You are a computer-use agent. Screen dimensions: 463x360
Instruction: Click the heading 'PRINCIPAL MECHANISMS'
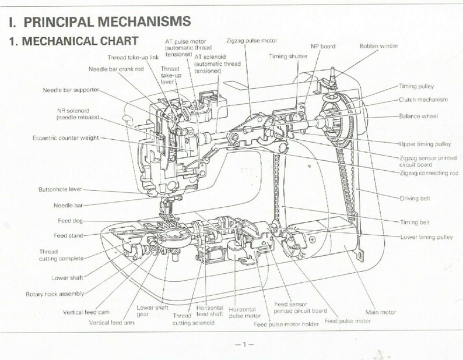107,22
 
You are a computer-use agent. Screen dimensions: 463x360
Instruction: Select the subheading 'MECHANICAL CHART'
80,41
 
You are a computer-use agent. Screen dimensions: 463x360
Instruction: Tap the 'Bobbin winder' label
378,46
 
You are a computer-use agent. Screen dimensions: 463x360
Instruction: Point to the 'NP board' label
322,47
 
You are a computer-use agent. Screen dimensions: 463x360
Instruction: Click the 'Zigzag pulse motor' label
251,41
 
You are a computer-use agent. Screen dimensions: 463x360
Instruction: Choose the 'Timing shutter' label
288,57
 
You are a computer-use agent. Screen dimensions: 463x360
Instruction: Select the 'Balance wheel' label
418,117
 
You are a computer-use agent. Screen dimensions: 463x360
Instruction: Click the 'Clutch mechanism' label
423,100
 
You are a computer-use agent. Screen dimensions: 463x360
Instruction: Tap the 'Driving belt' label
415,198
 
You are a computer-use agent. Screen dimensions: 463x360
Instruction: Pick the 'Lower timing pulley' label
426,237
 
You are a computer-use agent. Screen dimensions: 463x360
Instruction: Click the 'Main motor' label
380,312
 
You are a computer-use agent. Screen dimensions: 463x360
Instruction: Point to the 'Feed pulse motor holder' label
286,324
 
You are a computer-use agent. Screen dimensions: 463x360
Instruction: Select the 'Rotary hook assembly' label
55,294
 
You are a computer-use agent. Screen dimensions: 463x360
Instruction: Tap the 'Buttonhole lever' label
60,189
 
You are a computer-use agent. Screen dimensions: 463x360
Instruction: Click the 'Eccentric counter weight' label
65,138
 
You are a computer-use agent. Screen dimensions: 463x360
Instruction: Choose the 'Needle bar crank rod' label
116,69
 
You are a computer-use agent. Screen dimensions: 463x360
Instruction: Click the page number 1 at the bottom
244,344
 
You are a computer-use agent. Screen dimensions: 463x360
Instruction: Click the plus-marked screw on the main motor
313,239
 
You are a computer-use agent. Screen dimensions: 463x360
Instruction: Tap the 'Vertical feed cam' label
86,312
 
